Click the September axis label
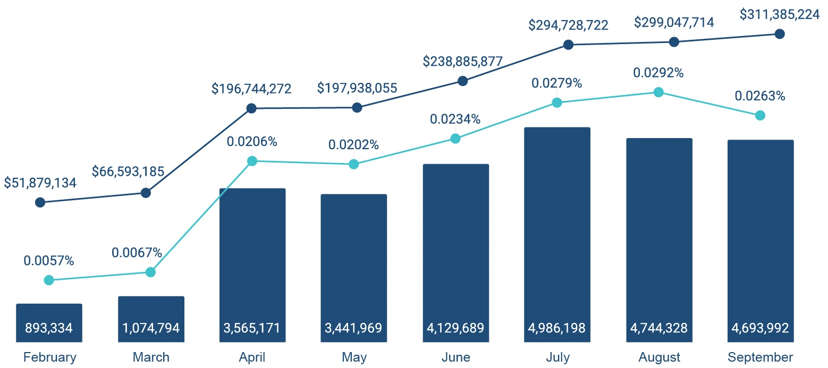[760, 357]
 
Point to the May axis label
[354, 357]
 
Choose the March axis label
[151, 357]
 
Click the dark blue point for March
[146, 193]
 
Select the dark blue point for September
[780, 34]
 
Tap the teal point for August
[658, 92]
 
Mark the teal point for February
[49, 280]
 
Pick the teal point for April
[252, 161]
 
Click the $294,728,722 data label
[568, 25]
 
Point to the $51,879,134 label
[40, 183]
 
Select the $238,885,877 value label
[462, 61]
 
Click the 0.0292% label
[658, 73]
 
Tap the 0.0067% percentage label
[137, 253]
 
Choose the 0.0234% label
[455, 119]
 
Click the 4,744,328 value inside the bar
[659, 328]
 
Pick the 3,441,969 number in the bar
[353, 328]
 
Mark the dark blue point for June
[463, 81]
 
